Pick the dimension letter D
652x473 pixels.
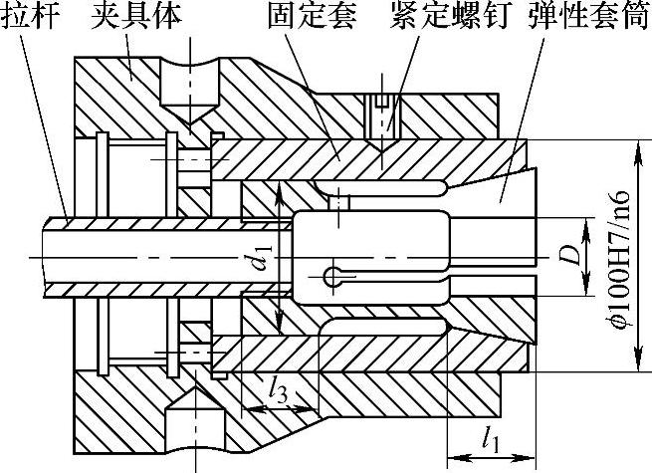(x=568, y=257)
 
